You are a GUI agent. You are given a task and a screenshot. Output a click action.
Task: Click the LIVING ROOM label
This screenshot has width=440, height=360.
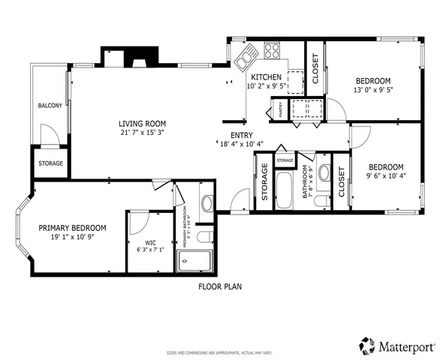(x=141, y=124)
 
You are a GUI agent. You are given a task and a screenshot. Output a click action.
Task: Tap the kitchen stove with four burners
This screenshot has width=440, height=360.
(x=272, y=52)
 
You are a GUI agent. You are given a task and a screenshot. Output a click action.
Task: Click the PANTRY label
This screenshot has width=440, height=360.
(x=280, y=111)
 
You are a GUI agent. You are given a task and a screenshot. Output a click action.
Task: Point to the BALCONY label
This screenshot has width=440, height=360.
(x=50, y=106)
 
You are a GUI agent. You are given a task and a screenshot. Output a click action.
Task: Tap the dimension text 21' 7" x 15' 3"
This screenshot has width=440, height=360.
(x=141, y=133)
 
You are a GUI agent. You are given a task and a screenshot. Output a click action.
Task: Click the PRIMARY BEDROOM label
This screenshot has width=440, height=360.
(x=72, y=228)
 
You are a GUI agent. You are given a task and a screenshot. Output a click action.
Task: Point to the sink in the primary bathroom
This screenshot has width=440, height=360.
(x=207, y=202)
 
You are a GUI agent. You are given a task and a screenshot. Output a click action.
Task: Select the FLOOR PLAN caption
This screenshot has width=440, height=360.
(x=219, y=286)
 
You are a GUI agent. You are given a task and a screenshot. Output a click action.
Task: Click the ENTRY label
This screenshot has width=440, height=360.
(x=230, y=136)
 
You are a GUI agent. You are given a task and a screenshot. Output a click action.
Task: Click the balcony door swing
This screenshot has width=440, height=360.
(x=49, y=135)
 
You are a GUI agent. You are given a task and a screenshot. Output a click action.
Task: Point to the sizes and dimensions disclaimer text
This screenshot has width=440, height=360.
(x=219, y=352)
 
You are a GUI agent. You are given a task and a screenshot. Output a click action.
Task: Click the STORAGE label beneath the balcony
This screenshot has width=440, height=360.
(x=50, y=163)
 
